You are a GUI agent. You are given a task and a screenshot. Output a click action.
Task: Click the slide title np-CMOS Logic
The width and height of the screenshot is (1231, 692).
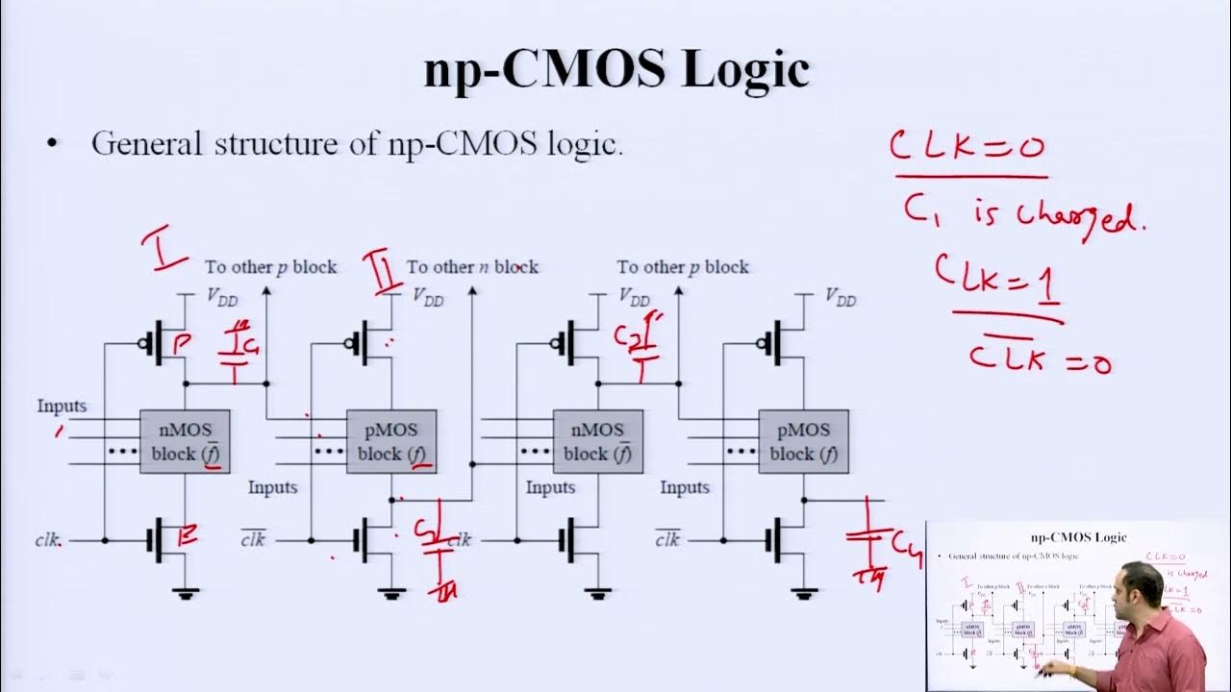(x=615, y=69)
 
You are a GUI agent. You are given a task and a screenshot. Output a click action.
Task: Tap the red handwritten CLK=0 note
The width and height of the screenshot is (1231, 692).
(x=967, y=146)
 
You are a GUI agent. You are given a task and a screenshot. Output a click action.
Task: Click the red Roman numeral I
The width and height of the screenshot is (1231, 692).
(x=164, y=249)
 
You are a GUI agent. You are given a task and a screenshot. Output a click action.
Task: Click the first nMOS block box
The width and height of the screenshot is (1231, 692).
(x=185, y=441)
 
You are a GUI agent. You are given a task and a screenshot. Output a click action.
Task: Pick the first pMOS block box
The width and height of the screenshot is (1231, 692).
(x=390, y=441)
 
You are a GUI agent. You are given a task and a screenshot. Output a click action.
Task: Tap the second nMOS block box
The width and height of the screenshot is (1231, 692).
(x=597, y=441)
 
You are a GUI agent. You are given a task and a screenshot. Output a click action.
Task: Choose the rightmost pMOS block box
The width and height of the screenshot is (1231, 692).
(x=803, y=441)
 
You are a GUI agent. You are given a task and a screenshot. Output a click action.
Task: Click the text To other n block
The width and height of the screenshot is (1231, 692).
(x=472, y=267)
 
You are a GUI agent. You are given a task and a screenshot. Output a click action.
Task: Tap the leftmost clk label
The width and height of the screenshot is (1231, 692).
(x=48, y=540)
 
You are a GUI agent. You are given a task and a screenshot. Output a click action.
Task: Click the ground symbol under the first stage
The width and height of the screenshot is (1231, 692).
(x=186, y=594)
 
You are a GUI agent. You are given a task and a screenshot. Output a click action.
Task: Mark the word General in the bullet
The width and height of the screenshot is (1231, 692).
(x=146, y=144)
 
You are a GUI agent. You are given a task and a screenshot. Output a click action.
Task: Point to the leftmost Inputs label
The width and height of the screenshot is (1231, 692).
(x=62, y=407)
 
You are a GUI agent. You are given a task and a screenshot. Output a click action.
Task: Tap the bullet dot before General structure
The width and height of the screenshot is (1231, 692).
(x=53, y=145)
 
